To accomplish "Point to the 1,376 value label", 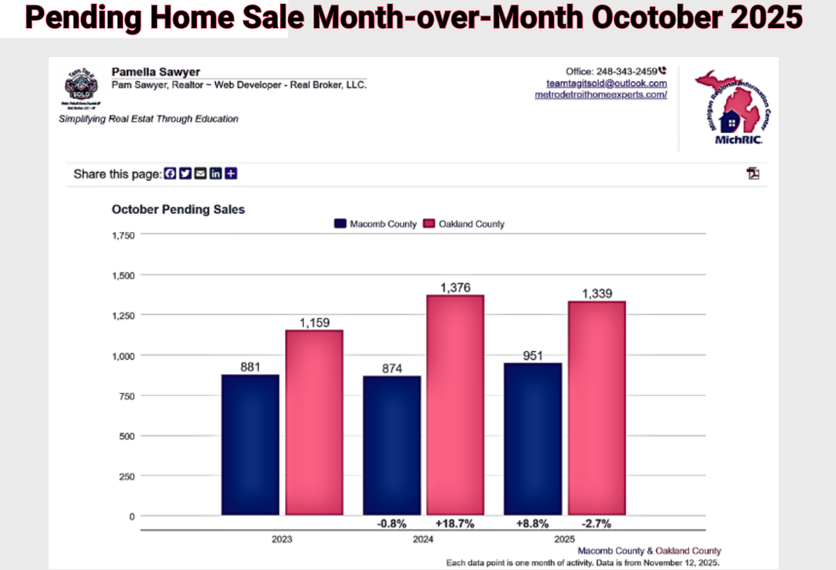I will (x=455, y=287).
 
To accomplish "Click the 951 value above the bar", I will (x=533, y=355).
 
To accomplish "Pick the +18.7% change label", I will (x=455, y=523).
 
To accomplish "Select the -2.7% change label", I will (x=596, y=523).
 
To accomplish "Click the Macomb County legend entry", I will (x=376, y=224).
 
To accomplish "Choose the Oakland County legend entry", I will (x=464, y=224).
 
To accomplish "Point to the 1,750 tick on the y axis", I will (x=123, y=236).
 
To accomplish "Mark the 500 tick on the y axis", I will (x=127, y=436).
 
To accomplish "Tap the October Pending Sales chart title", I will (x=178, y=209).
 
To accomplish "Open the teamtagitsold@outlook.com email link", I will (x=606, y=82).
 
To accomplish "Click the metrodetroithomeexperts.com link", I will (x=601, y=94).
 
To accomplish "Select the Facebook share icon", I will (x=170, y=174).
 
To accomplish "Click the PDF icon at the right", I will (x=753, y=174).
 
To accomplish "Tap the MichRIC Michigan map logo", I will (x=732, y=105).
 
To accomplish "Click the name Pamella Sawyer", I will (x=155, y=72).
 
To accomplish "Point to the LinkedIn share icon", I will (x=216, y=174).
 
